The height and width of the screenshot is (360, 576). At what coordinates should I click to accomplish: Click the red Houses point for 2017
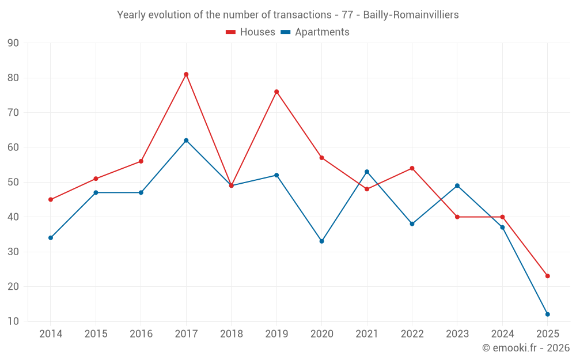point(186,74)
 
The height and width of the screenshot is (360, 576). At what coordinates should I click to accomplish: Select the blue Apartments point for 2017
point(186,141)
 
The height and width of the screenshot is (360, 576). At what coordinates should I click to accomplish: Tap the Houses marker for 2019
point(276,92)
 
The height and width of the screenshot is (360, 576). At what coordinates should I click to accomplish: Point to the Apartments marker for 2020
point(321,241)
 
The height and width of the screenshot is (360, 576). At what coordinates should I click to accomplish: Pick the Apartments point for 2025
point(547,314)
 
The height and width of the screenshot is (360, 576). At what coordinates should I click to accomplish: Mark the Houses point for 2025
point(547,276)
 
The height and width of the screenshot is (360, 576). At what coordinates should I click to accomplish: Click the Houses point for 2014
point(51,199)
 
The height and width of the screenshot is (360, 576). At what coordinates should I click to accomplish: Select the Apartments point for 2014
point(51,238)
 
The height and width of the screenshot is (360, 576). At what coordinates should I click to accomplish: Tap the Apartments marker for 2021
point(367,172)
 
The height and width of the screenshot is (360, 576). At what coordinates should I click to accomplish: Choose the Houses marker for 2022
point(412,168)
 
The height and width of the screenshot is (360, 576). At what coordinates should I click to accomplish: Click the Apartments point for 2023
point(457,185)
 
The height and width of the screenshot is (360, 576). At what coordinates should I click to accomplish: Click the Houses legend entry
point(251,32)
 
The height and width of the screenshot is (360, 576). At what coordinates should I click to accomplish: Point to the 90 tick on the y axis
point(13,43)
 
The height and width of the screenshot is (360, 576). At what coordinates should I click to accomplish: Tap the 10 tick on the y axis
point(13,321)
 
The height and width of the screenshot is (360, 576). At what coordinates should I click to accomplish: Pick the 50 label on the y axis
point(13,182)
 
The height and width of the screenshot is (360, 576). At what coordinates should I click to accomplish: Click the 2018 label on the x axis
point(231,334)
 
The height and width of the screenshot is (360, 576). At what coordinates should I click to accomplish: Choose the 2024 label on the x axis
point(502,334)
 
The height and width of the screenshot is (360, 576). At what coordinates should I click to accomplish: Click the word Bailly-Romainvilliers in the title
point(411,15)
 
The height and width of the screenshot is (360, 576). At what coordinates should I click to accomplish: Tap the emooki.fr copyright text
point(525,348)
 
